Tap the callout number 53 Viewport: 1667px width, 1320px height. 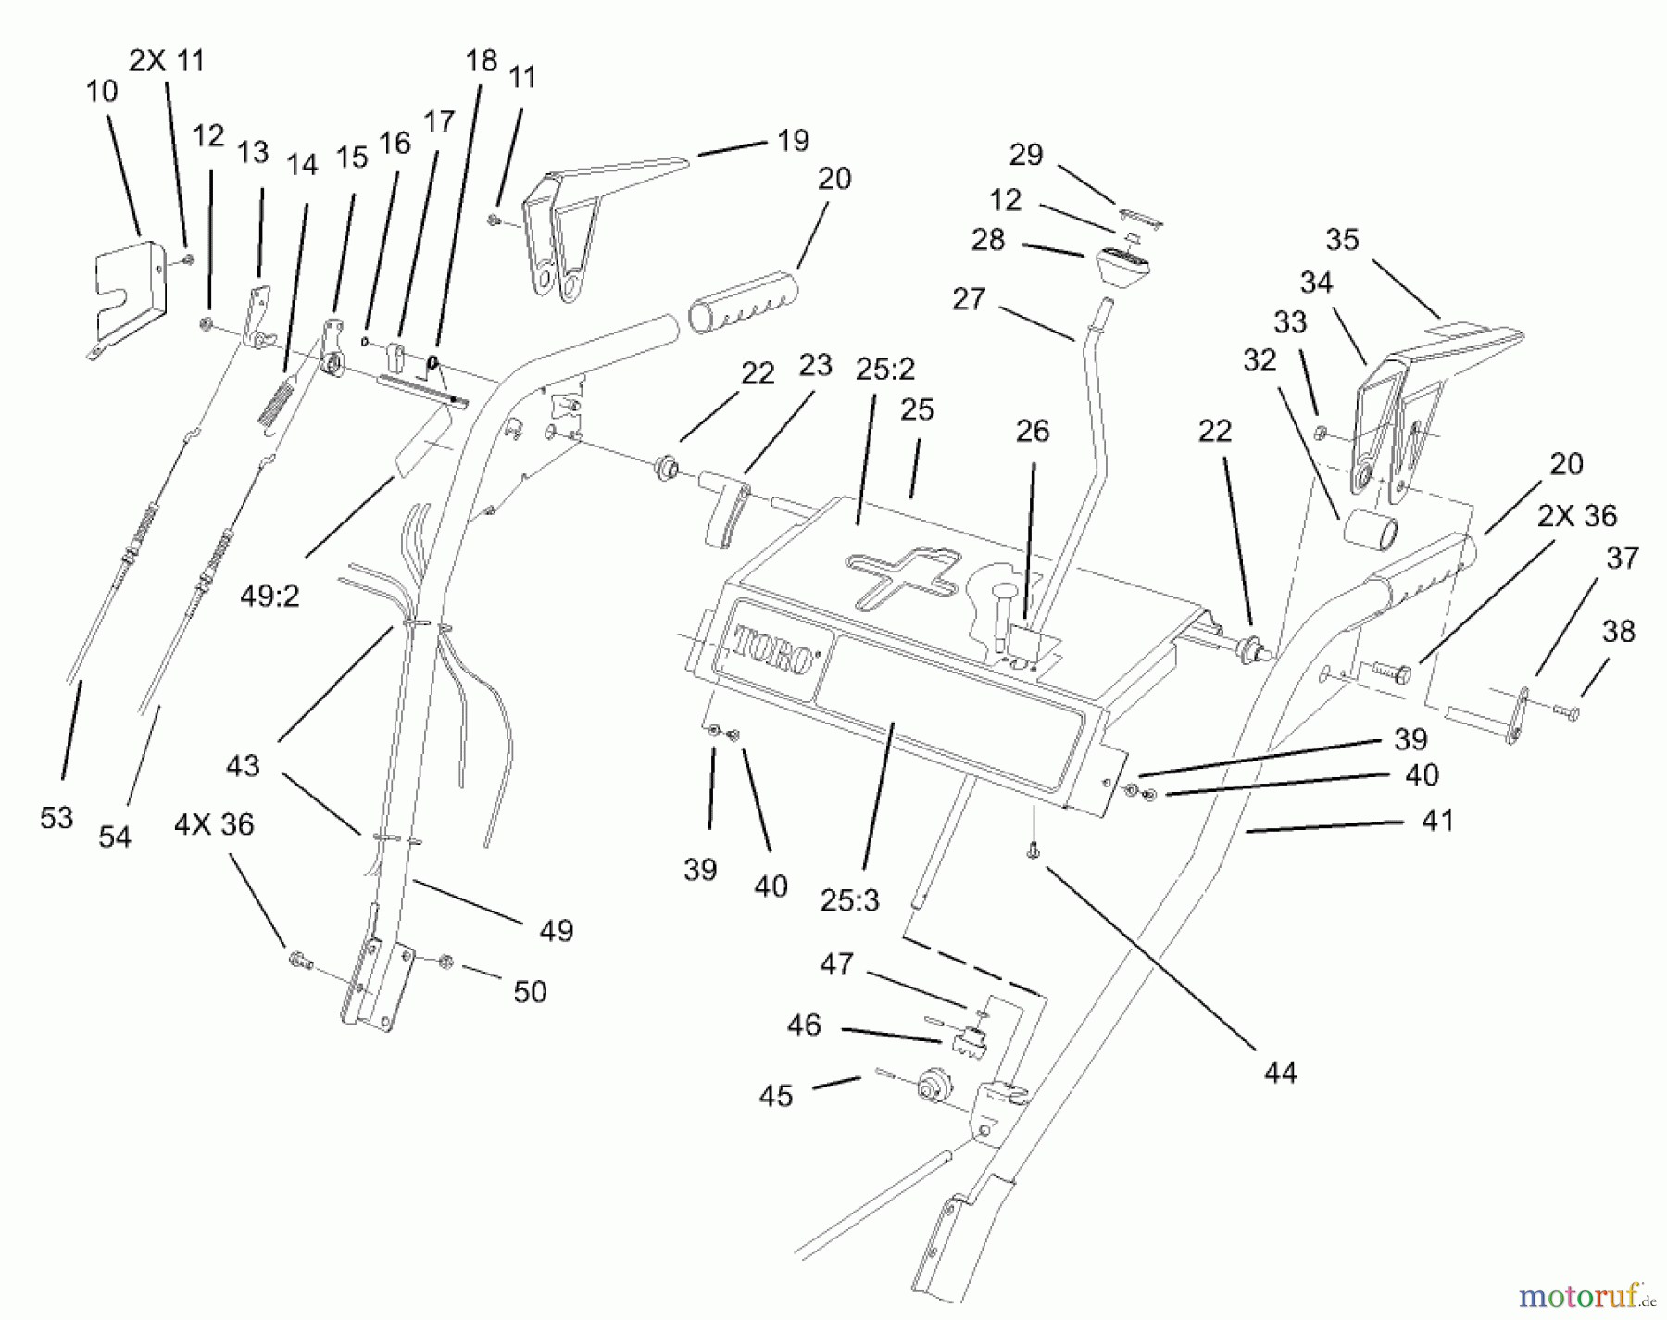tap(56, 818)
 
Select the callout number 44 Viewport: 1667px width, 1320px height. tap(1281, 1074)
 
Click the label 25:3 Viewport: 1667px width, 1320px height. tap(849, 899)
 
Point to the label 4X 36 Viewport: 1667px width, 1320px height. tap(214, 824)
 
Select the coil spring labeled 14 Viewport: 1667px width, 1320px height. tap(274, 405)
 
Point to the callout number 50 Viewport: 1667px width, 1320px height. tap(530, 992)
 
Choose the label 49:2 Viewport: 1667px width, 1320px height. tap(269, 597)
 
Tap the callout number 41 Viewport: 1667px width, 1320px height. tap(1437, 820)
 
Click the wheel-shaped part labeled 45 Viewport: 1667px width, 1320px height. tap(933, 1085)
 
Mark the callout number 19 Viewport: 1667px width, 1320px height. tap(794, 140)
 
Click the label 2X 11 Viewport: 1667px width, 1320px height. tap(166, 60)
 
